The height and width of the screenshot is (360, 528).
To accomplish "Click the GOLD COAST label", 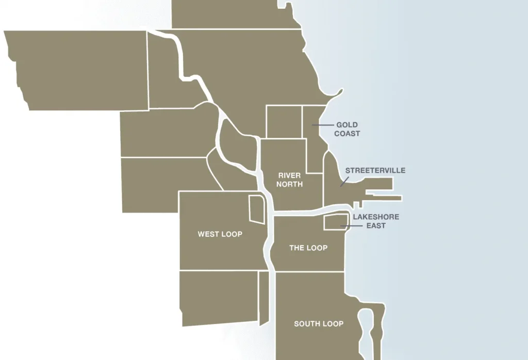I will point(346,129).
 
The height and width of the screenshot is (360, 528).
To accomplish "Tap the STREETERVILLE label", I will point(375,170).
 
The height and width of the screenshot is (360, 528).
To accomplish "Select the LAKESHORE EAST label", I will point(376,221).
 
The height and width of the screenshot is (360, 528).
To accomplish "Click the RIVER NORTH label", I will point(289,180).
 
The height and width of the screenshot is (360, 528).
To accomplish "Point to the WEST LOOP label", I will point(220,234).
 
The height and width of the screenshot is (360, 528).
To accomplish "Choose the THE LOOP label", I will point(308,248).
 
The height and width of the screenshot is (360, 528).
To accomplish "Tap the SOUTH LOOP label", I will point(319,324).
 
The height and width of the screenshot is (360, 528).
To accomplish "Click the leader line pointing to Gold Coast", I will point(322,125).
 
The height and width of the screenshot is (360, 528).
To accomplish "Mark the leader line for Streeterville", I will point(344,182).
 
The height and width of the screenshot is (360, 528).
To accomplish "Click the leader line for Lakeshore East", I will point(351,226).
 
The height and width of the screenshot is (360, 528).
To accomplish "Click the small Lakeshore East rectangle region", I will point(334,221).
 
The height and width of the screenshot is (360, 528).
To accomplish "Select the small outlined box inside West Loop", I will point(256,209).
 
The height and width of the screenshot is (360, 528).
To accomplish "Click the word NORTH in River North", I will point(289,184).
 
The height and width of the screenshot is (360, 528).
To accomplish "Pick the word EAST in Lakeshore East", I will point(376,225).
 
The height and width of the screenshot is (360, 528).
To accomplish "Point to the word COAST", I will point(346,134).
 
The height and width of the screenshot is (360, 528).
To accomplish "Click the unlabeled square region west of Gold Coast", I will point(284,122).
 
